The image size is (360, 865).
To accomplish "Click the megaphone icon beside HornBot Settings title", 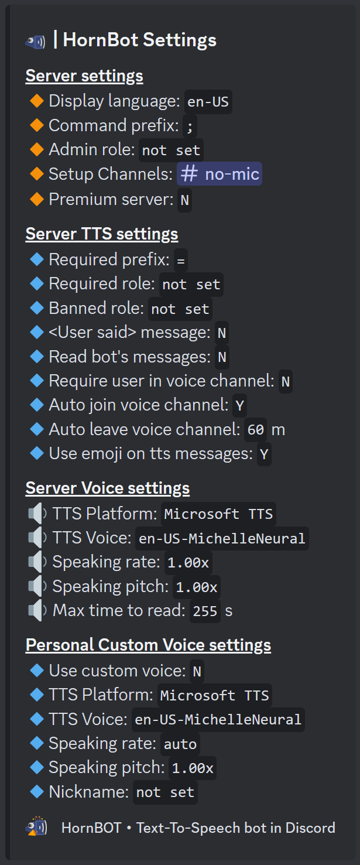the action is point(35,41).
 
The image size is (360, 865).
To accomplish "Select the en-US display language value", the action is point(208,102).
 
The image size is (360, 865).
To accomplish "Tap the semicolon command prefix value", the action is point(190,126).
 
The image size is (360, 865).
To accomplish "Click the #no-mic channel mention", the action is point(220,174).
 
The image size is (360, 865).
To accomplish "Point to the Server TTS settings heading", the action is point(102,234).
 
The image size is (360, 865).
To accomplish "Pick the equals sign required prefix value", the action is point(181,259).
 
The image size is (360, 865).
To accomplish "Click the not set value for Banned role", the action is point(180,309).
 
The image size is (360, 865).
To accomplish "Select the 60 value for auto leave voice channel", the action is point(256,430).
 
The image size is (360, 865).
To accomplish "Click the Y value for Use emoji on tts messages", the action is point(264,454).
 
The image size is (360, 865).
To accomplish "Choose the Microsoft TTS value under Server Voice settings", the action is point(218,514).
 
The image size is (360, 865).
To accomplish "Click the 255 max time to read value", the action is point(205,611).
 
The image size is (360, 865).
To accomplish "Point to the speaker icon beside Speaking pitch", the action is point(37,587).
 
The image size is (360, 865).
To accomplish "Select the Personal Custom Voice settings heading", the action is point(148,645).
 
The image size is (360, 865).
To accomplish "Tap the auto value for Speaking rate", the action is point(180,744).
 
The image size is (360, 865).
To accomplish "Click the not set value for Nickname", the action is point(165,793).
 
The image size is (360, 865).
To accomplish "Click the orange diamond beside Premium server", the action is point(37,199).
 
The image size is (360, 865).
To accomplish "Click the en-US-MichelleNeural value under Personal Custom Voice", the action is point(218,720).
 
